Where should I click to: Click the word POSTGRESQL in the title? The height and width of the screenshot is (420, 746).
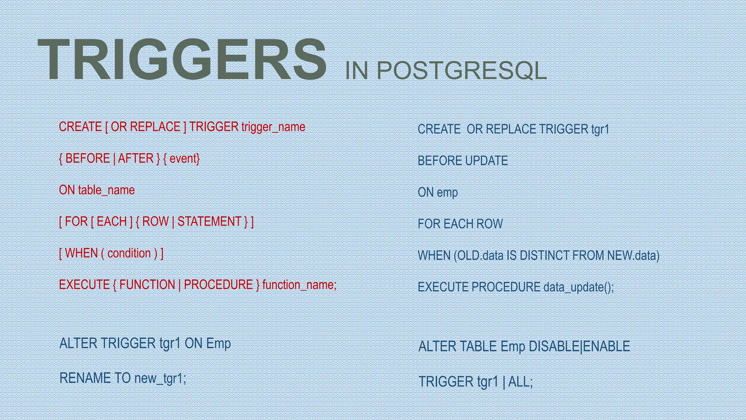pos(461,70)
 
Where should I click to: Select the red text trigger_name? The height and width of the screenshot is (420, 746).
pos(273,127)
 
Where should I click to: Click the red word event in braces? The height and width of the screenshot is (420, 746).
pos(183,159)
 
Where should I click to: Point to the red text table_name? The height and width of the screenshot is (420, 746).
pos(106,190)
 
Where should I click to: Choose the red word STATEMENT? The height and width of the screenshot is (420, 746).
pos(209,222)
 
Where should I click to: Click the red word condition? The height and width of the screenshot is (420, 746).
pos(129,253)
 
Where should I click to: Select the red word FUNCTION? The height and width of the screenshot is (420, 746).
pos(147,285)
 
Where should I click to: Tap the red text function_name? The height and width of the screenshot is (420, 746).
pos(299,285)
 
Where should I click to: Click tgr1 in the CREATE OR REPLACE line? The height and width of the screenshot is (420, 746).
pos(600,129)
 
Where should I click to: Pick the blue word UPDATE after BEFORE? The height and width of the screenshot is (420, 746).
pos(486,161)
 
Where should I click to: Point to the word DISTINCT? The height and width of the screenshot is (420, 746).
pos(544,256)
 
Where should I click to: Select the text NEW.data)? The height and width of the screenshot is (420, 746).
pos(633,256)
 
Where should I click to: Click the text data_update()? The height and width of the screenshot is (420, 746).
pos(578,287)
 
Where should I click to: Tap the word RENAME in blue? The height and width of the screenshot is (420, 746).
pos(85,378)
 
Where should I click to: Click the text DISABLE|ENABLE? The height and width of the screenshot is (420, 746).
pos(579,346)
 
